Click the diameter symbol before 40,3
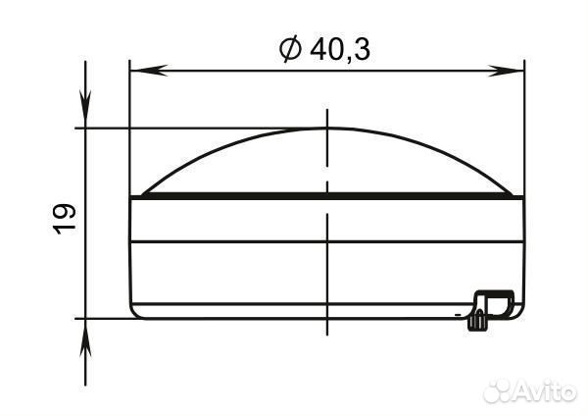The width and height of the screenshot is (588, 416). click(x=290, y=49)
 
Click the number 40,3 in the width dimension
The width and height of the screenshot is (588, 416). click(x=340, y=50)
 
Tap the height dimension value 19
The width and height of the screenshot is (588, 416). click(x=64, y=219)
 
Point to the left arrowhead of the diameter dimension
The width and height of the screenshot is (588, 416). click(x=148, y=71)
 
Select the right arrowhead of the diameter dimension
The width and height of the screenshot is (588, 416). click(x=505, y=71)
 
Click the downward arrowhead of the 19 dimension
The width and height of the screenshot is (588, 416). click(x=85, y=109)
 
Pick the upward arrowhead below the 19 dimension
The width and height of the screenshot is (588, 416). click(x=85, y=338)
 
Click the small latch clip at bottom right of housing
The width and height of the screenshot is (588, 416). click(x=491, y=309)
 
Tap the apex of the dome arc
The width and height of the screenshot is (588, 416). click(x=327, y=129)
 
